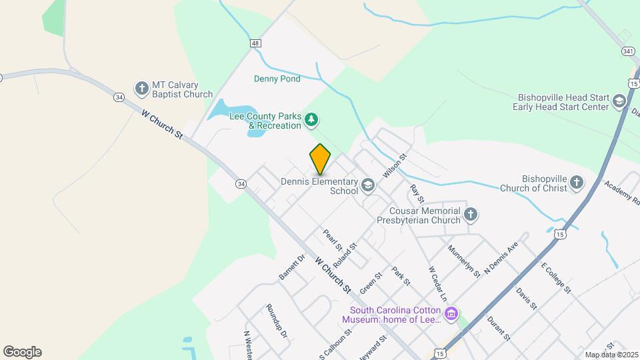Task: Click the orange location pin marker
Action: point(321,159)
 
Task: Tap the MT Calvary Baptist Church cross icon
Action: point(141,88)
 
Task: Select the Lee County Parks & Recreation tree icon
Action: point(311,120)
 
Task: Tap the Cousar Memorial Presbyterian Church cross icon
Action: point(471,214)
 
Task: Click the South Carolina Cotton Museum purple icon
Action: point(452,313)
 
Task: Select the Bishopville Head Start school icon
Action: point(619,101)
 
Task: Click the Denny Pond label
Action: point(277,79)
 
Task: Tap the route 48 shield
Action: point(255,43)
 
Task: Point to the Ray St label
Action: point(417,194)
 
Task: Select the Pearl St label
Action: point(332,241)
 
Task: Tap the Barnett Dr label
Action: point(291,266)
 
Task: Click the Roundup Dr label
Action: point(276,321)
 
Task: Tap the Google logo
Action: point(22,352)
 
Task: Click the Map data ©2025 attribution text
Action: point(611,355)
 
